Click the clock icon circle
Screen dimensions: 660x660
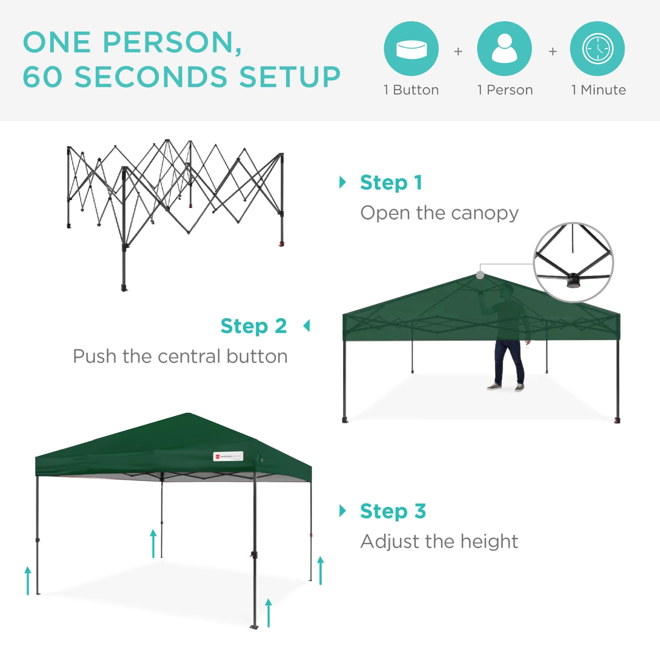click(597, 49)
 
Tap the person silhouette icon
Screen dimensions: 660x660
click(504, 49)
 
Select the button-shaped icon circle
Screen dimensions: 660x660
click(411, 49)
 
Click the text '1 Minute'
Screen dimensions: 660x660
click(599, 90)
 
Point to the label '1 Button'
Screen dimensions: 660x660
click(411, 90)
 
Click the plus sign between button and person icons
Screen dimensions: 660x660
click(458, 51)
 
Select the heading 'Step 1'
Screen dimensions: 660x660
click(391, 183)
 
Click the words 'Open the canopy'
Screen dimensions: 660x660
click(439, 213)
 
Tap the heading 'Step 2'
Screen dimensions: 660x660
click(253, 326)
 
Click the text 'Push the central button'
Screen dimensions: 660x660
click(180, 356)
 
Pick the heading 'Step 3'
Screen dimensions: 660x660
click(393, 511)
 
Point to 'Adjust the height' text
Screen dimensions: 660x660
click(439, 542)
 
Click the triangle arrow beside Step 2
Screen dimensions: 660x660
click(307, 326)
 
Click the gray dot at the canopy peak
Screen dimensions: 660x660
click(480, 275)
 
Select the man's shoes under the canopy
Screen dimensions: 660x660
click(506, 387)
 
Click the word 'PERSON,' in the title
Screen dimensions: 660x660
click(172, 43)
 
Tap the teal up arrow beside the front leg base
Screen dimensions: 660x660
click(269, 613)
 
